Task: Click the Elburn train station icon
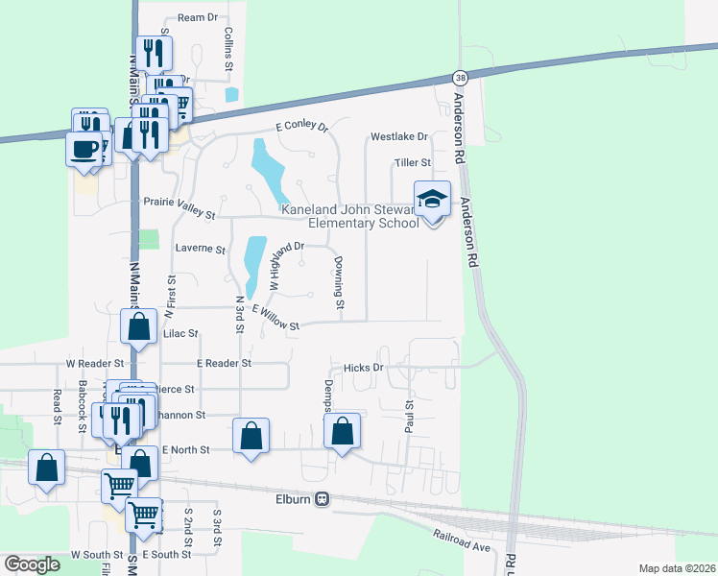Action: point(323,498)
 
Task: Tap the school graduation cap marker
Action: point(432,200)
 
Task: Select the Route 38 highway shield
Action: point(460,77)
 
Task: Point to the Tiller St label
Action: point(412,162)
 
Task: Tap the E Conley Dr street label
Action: point(301,127)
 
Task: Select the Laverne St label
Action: point(200,249)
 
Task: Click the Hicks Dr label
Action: point(364,368)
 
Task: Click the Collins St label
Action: point(229,49)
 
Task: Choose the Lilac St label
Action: point(180,334)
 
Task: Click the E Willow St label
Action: point(276,318)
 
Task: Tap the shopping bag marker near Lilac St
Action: point(139,326)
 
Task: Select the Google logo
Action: point(32,565)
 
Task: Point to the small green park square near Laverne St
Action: point(148,239)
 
